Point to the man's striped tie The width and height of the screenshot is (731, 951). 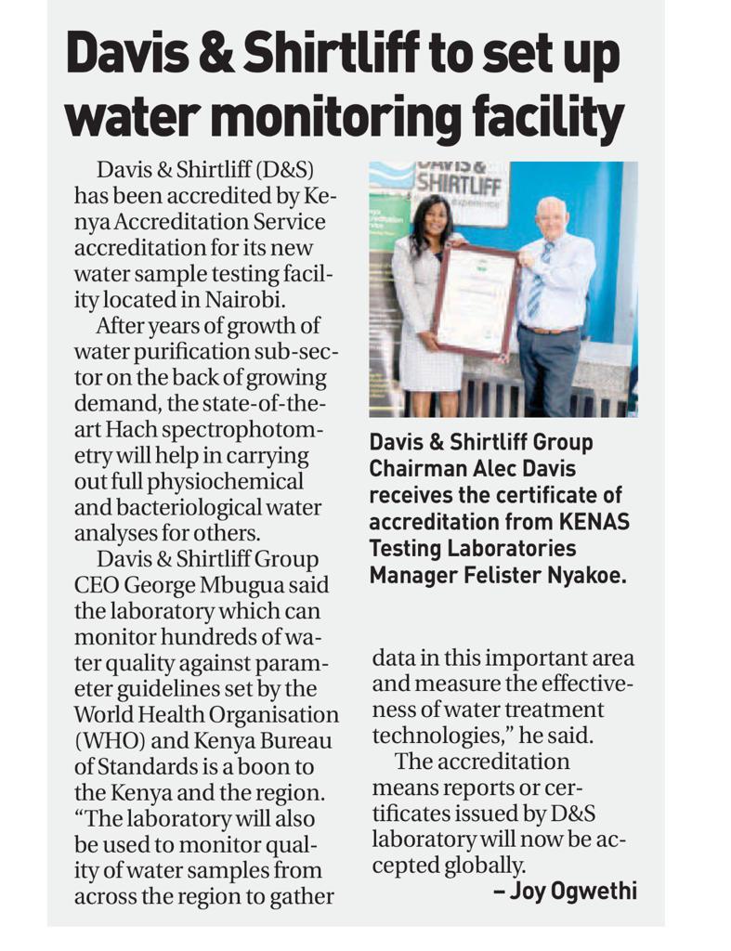(x=536, y=279)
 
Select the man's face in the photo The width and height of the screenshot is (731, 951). (x=550, y=219)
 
